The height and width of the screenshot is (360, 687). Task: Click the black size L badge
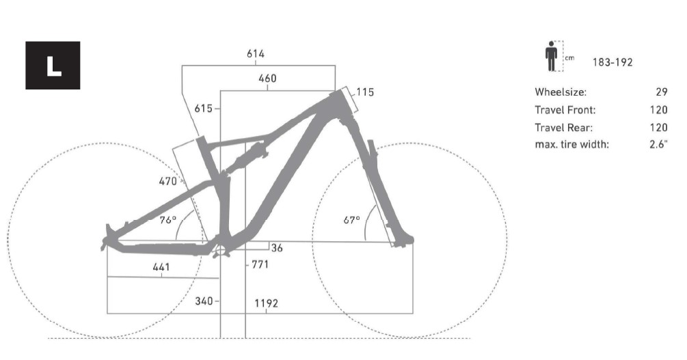tap(53, 66)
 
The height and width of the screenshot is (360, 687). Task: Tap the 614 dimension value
tap(256, 54)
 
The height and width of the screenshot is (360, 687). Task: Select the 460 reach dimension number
tap(267, 79)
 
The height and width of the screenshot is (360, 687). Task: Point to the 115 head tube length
tap(365, 92)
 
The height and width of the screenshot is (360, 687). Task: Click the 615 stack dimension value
tap(203, 108)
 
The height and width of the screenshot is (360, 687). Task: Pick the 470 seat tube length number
tap(167, 181)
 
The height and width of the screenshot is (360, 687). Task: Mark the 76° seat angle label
tap(167, 220)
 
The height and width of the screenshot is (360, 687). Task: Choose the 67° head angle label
tap(352, 220)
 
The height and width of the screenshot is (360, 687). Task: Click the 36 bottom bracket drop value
tap(277, 248)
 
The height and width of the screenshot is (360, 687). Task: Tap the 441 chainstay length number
tap(161, 266)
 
